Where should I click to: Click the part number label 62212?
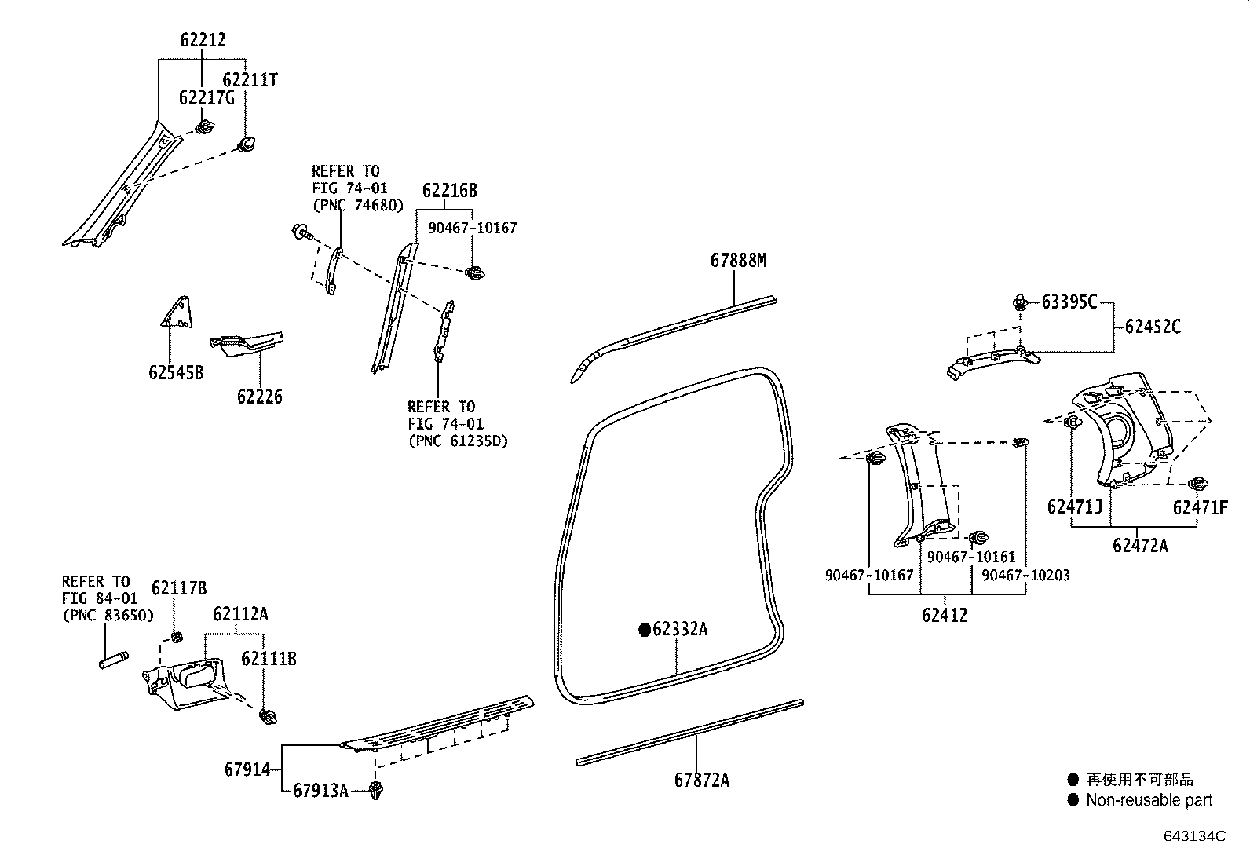click(x=203, y=40)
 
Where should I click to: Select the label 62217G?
click(x=207, y=98)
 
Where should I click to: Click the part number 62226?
click(x=259, y=397)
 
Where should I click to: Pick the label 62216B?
click(x=449, y=191)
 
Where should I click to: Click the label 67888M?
click(x=737, y=260)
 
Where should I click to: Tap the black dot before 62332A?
click(x=644, y=629)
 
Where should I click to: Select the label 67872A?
click(x=701, y=781)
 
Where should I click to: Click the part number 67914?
click(x=247, y=770)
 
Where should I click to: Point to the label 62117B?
click(x=179, y=588)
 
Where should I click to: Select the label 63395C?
click(x=1069, y=302)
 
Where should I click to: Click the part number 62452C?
click(x=1152, y=327)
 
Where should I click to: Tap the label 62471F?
click(x=1200, y=507)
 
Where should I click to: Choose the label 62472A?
click(x=1139, y=545)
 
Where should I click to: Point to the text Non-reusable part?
click(x=1149, y=800)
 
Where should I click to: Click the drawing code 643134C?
click(x=1194, y=836)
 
